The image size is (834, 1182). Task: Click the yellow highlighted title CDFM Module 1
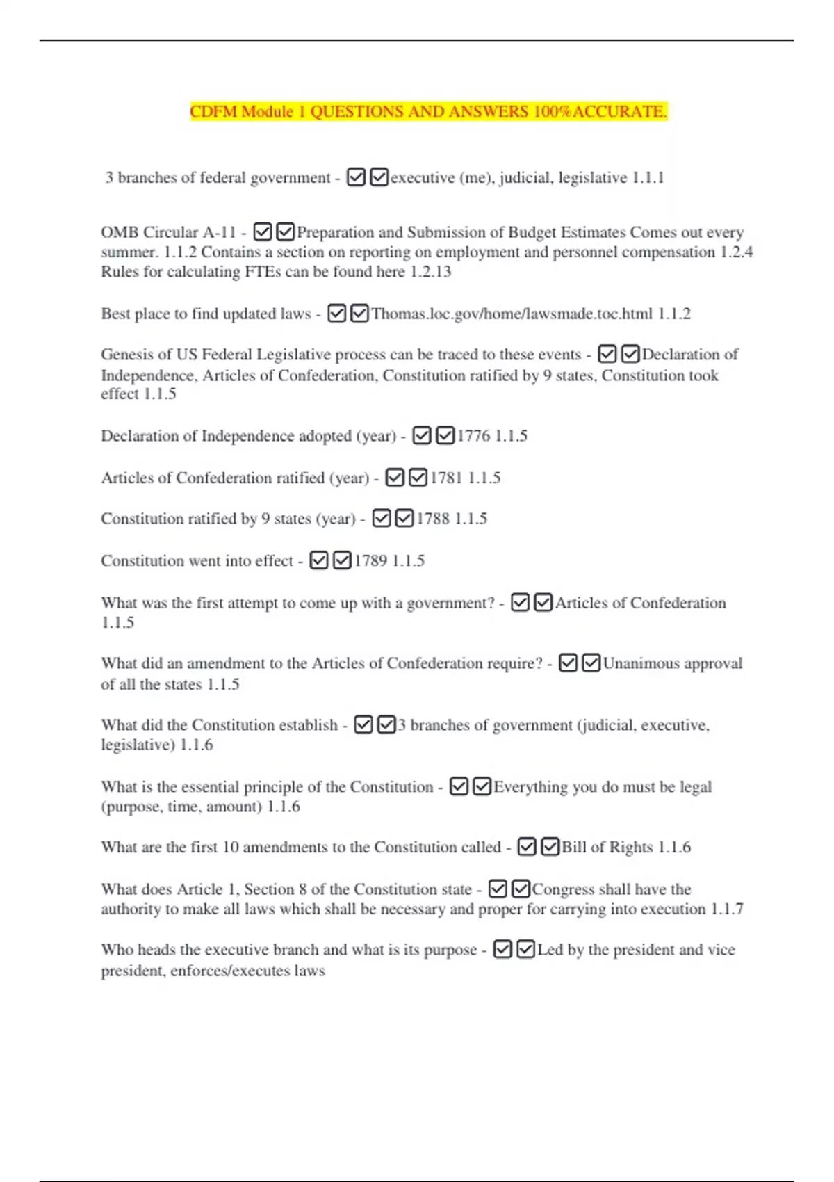(x=428, y=111)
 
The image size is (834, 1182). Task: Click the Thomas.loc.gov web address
(x=512, y=314)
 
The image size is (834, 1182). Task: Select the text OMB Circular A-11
(x=168, y=232)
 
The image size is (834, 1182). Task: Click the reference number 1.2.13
(x=431, y=272)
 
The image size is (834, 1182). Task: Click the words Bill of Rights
(x=607, y=847)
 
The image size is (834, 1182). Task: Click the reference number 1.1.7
(x=727, y=909)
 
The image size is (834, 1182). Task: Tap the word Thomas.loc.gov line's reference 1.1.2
(x=674, y=314)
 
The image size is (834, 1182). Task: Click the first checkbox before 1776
(x=422, y=436)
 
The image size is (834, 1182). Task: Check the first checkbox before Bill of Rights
(x=527, y=847)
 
